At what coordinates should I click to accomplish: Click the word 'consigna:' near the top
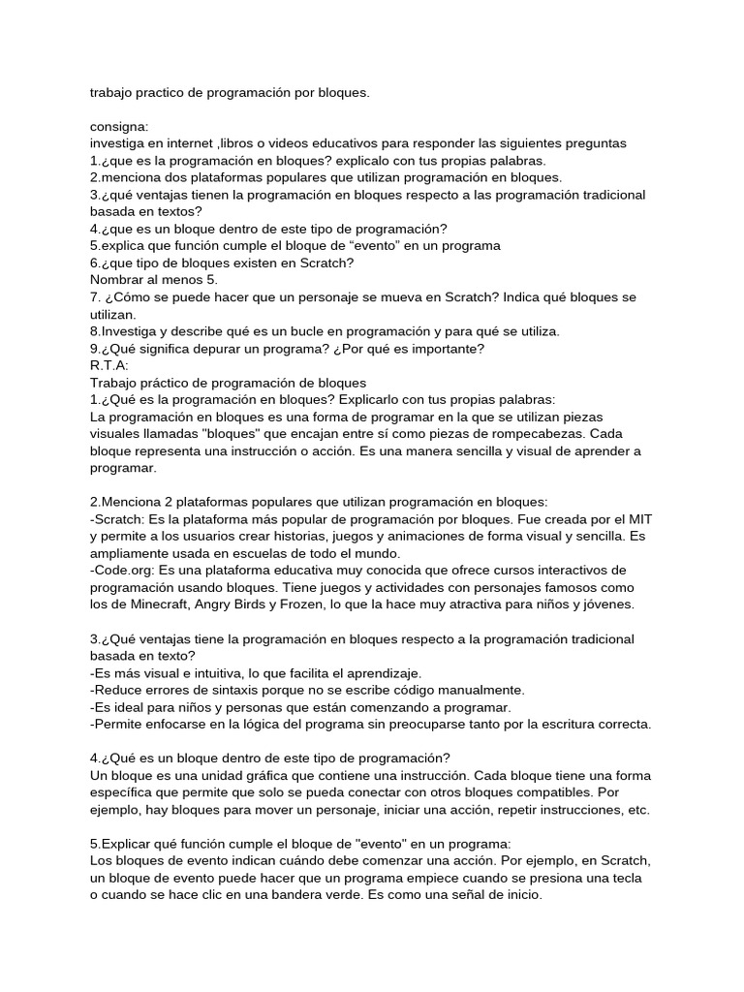119,126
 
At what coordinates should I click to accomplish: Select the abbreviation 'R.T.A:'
108,365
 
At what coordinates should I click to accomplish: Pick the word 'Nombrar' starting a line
119,280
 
